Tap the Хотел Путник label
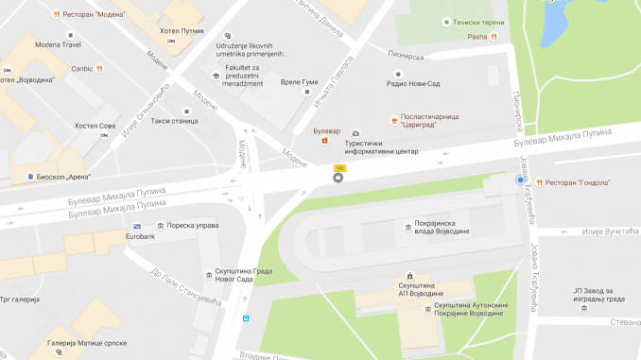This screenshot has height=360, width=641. [182, 31]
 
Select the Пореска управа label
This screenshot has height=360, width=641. [192, 226]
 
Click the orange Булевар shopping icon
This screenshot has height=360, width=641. [325, 141]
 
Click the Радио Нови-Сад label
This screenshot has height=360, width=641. [416, 82]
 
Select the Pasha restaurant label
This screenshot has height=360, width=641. [476, 38]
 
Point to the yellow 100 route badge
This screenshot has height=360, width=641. [338, 168]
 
